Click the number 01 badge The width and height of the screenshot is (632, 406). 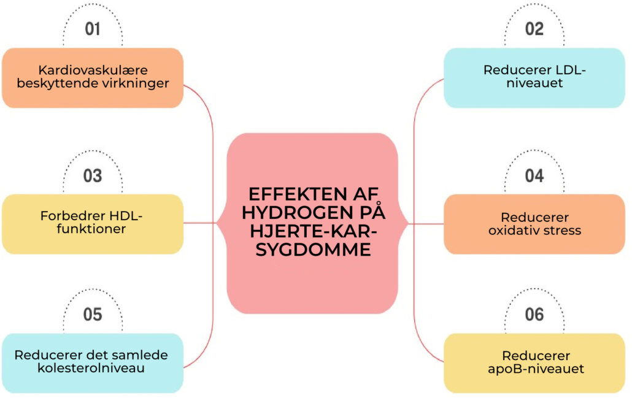pos(93,28)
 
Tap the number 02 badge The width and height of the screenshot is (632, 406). pos(534,28)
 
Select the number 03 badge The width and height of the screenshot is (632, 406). pos(93,175)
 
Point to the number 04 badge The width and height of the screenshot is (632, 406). pos(534,175)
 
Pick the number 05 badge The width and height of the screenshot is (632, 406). pos(93,315)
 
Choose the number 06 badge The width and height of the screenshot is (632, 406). pos(534,315)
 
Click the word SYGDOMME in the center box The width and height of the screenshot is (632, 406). pos(314,250)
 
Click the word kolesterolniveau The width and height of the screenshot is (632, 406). pos(91,369)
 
